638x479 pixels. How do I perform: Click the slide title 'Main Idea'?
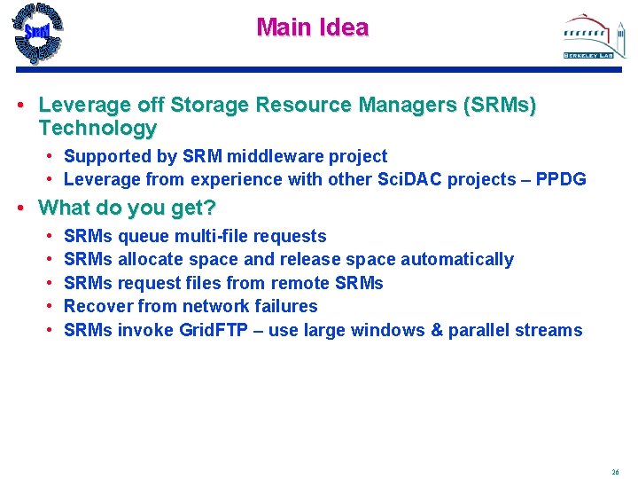click(x=312, y=27)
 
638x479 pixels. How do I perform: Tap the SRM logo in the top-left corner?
click(x=37, y=33)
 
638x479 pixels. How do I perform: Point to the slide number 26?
click(x=615, y=471)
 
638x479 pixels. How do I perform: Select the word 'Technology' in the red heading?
click(x=97, y=128)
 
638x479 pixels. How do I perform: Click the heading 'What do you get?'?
click(x=128, y=208)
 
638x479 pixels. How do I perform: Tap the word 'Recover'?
click(x=96, y=306)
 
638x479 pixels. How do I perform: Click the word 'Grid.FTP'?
click(x=216, y=330)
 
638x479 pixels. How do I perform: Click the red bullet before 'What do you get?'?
click(x=21, y=209)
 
